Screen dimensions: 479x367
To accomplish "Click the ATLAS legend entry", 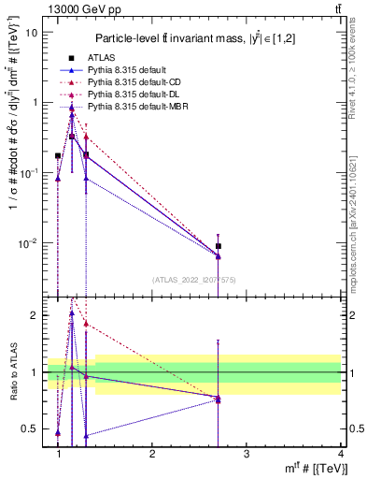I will (101, 58).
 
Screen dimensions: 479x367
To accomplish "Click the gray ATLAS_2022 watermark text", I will (192, 280).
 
